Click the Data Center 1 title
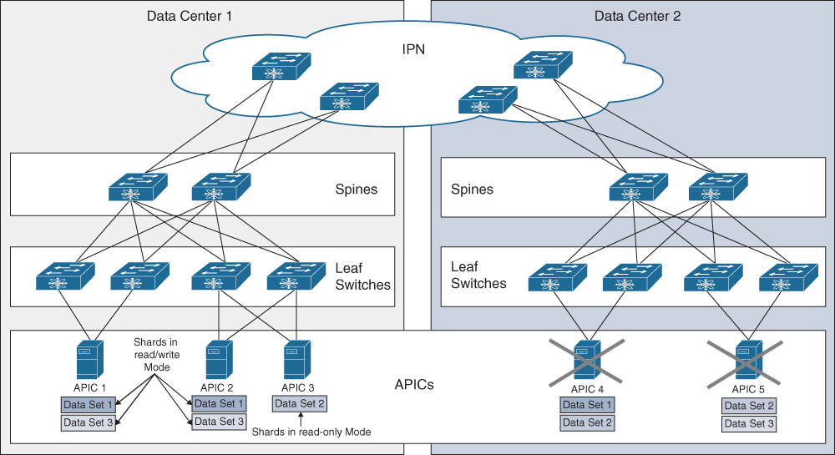tap(190, 16)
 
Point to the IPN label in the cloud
tap(413, 49)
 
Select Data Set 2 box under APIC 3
tap(299, 404)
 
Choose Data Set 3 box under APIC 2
tap(219, 422)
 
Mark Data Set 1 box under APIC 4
tap(587, 406)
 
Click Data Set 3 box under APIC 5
tap(749, 423)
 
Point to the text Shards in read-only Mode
tap(311, 432)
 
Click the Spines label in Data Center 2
tap(472, 190)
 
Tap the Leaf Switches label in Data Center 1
tap(362, 276)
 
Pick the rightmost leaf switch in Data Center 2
tap(787, 277)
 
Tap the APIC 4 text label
tap(588, 389)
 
